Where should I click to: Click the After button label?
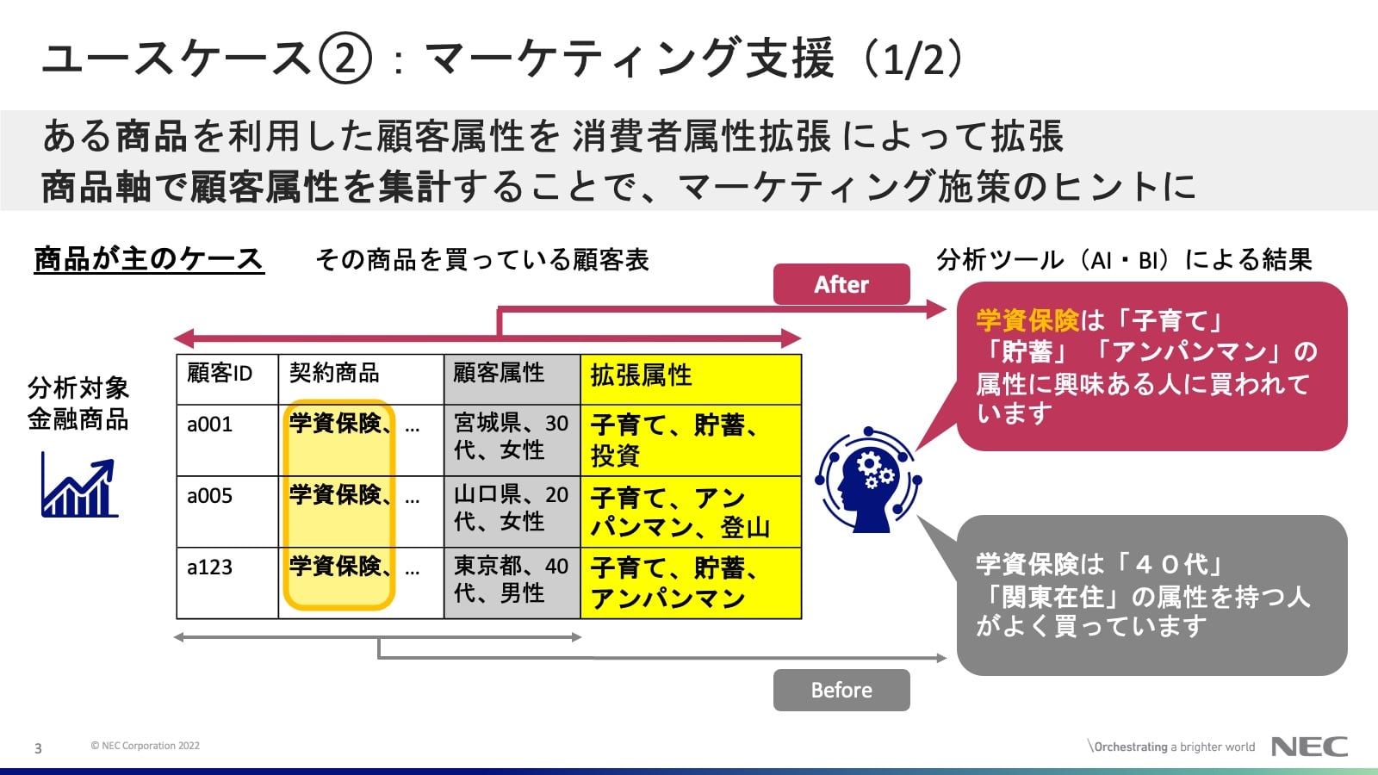tap(841, 284)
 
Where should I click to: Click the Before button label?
tap(841, 690)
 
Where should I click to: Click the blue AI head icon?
tap(868, 480)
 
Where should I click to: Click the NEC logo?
tap(1309, 747)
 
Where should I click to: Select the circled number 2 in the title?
tap(345, 59)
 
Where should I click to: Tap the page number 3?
tap(38, 748)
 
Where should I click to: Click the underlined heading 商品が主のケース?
tap(148, 258)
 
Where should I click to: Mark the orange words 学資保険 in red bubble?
tap(1027, 320)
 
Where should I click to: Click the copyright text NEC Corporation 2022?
tap(146, 746)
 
